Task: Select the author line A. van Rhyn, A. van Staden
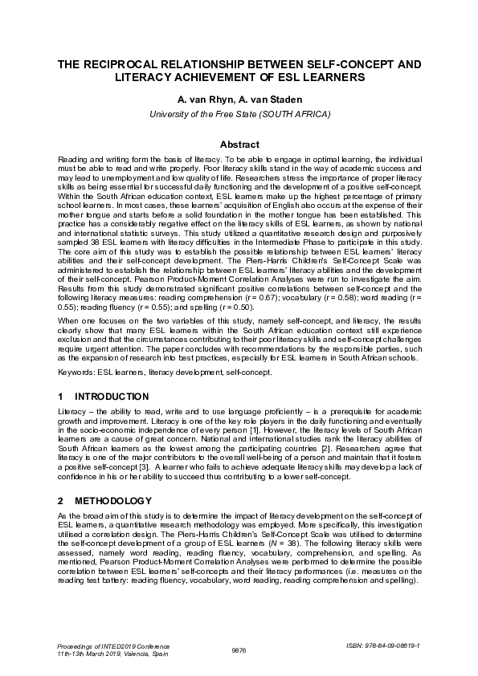pos(239,100)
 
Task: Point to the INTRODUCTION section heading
pos(112,397)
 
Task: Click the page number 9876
pos(239,650)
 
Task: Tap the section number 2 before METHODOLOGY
pos(61,501)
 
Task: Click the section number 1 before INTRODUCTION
pos(61,397)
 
